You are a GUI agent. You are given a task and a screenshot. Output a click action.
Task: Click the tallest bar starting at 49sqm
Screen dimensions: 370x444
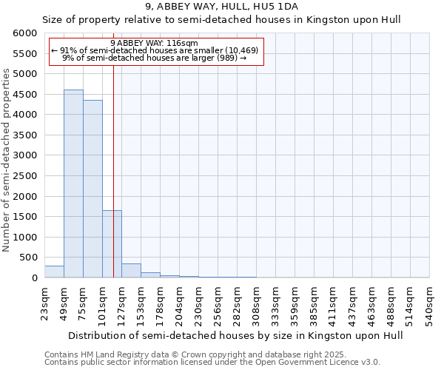pos(73,184)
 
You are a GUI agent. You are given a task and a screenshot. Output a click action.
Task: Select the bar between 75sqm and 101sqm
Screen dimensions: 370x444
pos(92,189)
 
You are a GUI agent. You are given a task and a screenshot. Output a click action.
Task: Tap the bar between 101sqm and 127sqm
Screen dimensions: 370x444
pos(112,244)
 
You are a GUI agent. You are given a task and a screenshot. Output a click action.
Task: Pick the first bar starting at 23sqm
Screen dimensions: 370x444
pos(54,272)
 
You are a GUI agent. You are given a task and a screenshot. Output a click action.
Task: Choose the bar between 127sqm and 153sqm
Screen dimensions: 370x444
pos(131,271)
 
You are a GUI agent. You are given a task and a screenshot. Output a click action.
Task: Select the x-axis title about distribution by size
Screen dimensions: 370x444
pos(223,335)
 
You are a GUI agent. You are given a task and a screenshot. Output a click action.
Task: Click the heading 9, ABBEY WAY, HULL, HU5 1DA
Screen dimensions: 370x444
pos(221,7)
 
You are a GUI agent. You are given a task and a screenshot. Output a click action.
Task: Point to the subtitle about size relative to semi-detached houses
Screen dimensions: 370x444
pos(221,20)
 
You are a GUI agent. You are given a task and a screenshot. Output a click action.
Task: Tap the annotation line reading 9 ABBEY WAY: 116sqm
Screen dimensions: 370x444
pos(154,43)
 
